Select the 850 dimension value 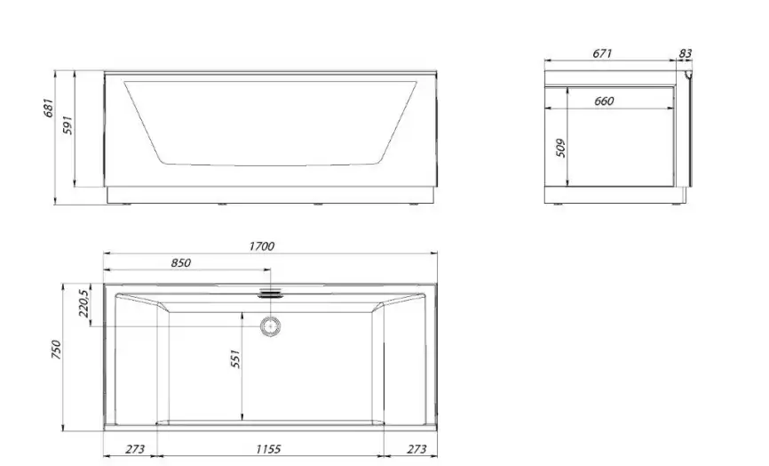180,262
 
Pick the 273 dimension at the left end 134,449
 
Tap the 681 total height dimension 50,108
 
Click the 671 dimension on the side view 602,54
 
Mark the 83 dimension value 685,54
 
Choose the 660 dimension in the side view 604,100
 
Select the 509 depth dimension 560,147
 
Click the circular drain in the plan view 270,325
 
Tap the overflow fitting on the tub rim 270,292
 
